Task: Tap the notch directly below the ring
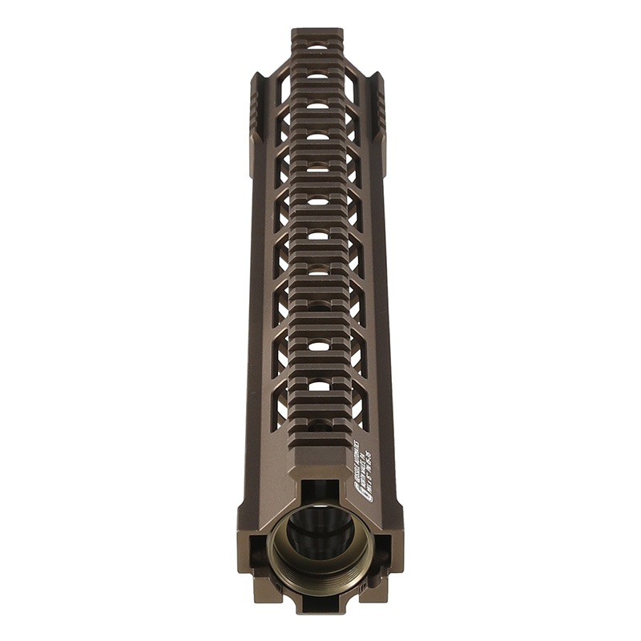point(320,603)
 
